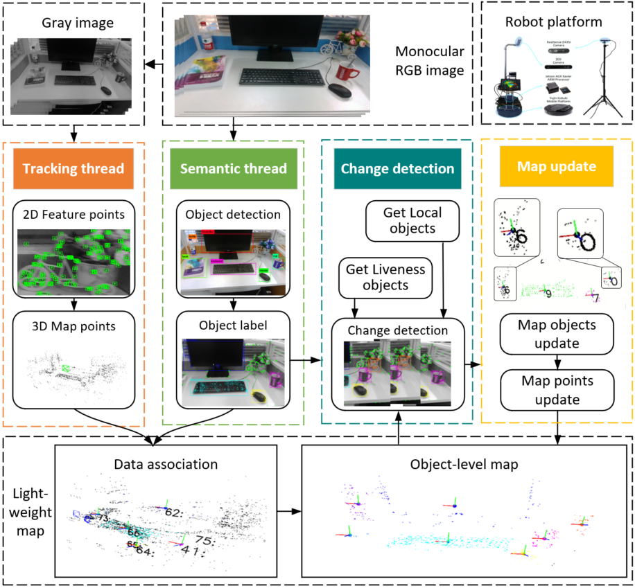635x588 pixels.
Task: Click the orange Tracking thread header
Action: pyautogui.click(x=73, y=169)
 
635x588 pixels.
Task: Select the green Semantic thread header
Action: pyautogui.click(x=233, y=169)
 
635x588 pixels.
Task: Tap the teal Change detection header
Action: pyautogui.click(x=397, y=169)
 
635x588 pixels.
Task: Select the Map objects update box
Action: pyautogui.click(x=557, y=332)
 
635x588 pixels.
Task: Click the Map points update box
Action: pyautogui.click(x=557, y=390)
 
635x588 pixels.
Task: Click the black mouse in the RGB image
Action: pyautogui.click(x=340, y=91)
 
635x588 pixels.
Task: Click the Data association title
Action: pyautogui.click(x=164, y=464)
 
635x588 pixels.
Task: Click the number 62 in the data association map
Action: pyautogui.click(x=173, y=513)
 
